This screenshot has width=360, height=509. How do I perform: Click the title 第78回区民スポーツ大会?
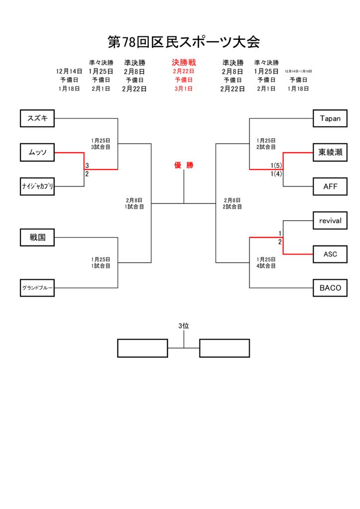(183, 42)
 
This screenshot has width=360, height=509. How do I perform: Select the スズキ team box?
(37, 118)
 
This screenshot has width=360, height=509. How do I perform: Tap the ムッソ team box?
(37, 152)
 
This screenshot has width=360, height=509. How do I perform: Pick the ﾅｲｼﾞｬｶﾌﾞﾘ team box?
(37, 186)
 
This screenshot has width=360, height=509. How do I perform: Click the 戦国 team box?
(37, 238)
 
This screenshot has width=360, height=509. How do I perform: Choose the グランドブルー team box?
(37, 288)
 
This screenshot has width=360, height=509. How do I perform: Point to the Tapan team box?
(330, 118)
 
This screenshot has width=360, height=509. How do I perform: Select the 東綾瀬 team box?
(330, 152)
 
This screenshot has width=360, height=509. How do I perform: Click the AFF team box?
(330, 186)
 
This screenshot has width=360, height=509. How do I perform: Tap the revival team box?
(330, 220)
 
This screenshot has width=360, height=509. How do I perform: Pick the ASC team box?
(330, 254)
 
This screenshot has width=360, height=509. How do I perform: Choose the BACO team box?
(330, 288)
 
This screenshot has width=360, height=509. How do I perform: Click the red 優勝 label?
(183, 166)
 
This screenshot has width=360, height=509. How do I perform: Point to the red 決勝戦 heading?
(183, 63)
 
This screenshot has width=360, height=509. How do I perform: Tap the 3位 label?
(183, 326)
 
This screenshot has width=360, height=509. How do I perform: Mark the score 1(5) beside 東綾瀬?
(276, 165)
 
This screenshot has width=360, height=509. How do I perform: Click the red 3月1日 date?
(183, 89)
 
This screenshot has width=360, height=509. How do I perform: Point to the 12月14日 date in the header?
(69, 72)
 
